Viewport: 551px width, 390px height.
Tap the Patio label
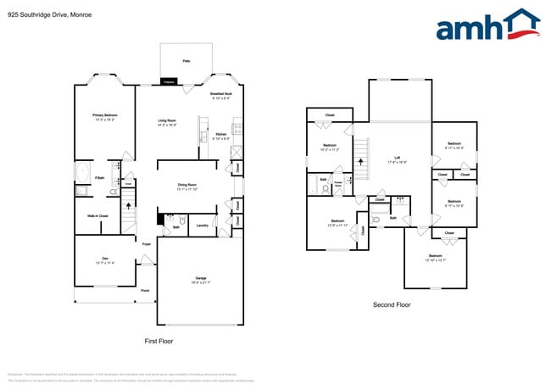coord(186,61)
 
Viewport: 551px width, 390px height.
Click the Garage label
coord(201,277)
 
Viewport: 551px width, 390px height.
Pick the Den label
coord(105,259)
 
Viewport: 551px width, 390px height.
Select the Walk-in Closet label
coord(97,216)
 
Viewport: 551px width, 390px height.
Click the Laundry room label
coord(203,226)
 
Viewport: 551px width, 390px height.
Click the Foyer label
coord(147,244)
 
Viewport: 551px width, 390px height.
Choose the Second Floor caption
coord(392,304)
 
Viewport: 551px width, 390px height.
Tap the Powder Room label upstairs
coord(337,182)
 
